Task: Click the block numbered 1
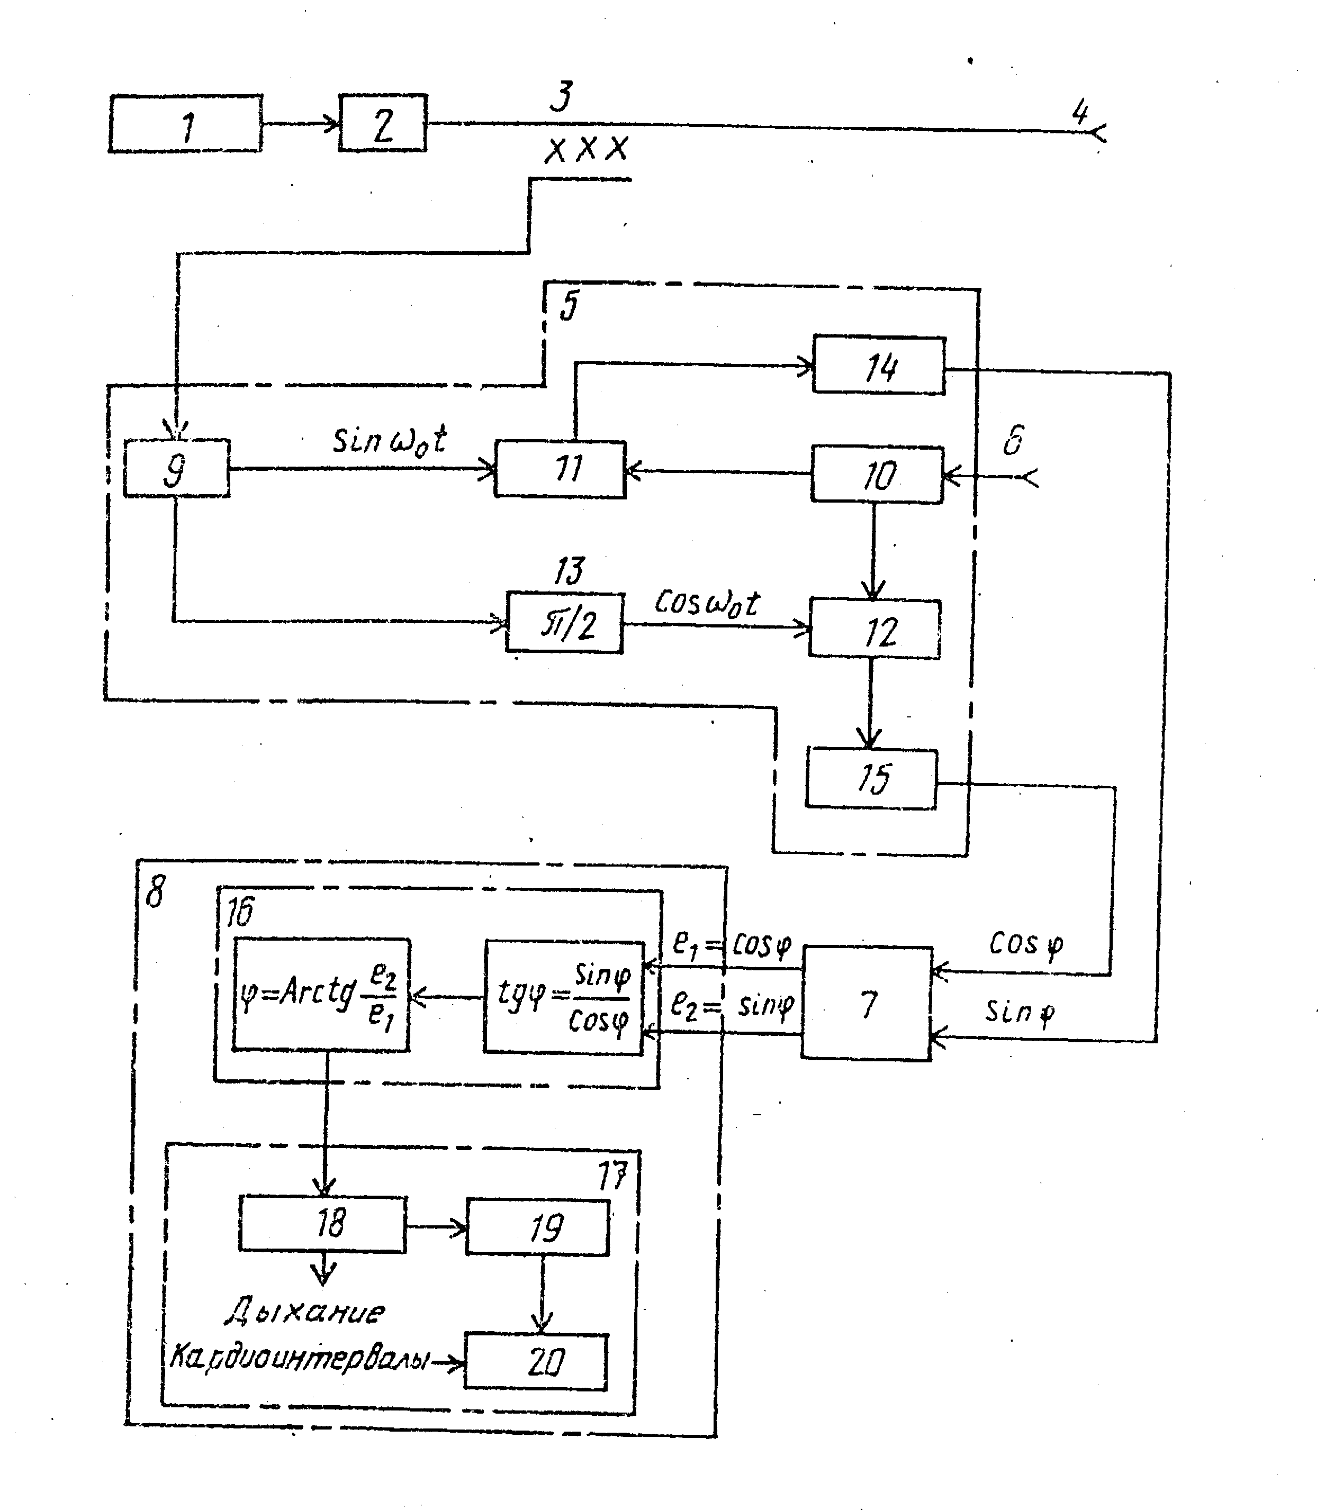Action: [x=186, y=123]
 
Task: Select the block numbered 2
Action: [x=382, y=123]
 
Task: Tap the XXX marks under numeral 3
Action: [x=587, y=149]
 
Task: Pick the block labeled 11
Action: [x=560, y=469]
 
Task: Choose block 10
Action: [x=877, y=475]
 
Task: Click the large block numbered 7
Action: [x=866, y=1003]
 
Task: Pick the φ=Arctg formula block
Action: [x=321, y=994]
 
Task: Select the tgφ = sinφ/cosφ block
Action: [x=563, y=997]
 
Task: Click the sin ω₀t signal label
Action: [x=389, y=441]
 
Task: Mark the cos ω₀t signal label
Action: [x=706, y=603]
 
